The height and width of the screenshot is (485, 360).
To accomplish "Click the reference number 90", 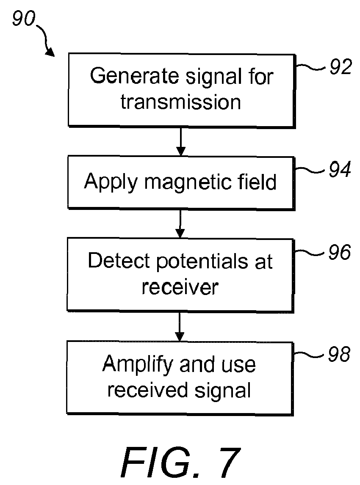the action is tap(24, 18).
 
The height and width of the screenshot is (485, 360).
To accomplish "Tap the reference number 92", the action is tap(341, 66).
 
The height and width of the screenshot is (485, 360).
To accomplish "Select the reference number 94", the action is tap(340, 169).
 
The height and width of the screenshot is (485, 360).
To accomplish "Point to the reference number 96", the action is tap(340, 252).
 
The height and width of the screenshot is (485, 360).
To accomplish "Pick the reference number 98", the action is tap(339, 354).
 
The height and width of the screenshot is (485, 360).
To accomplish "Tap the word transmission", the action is tap(181, 102).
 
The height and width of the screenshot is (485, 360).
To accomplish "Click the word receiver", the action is tap(180, 287).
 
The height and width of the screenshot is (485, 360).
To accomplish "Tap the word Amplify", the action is tap(138, 365).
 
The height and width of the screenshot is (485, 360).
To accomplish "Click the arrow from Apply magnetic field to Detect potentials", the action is tap(180, 224).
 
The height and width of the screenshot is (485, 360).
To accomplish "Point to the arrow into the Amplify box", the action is tap(180, 327).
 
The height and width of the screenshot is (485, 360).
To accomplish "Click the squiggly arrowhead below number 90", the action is tap(50, 53).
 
